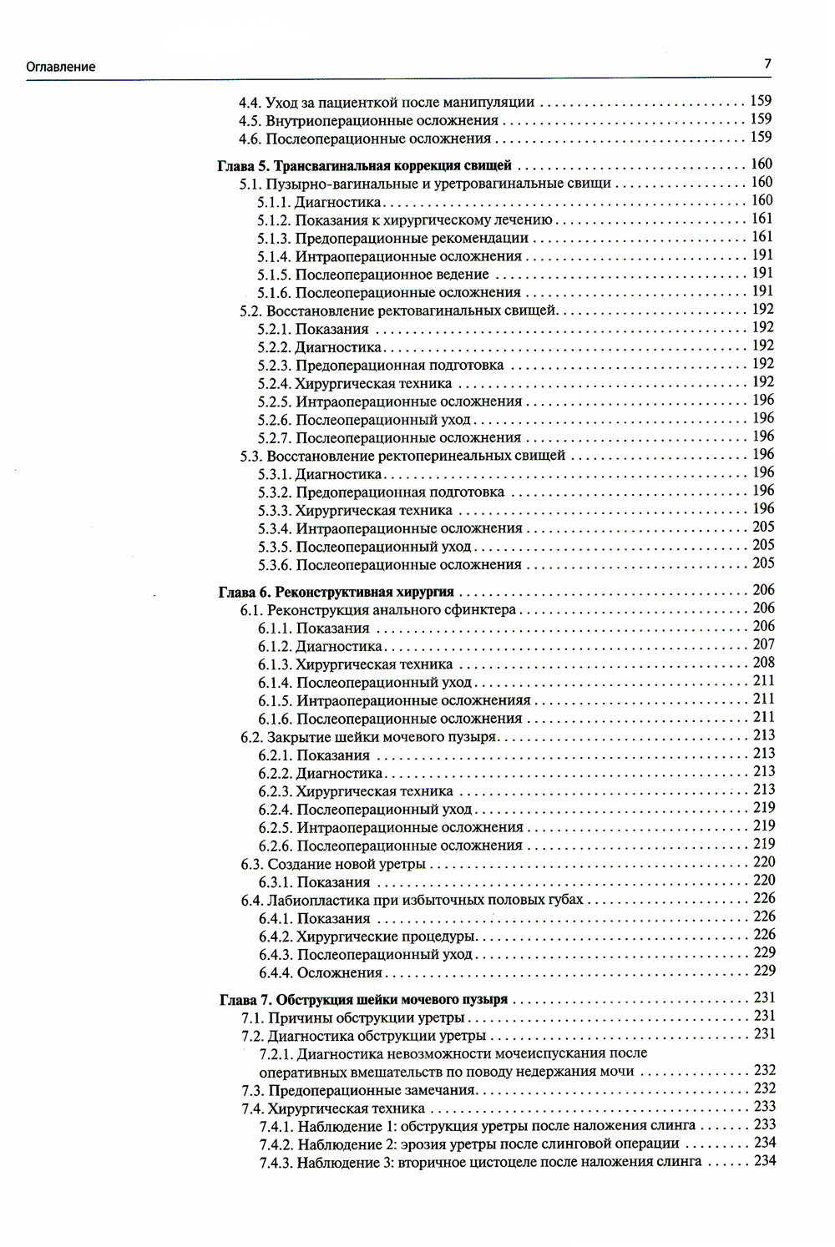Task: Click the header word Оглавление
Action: click(60, 67)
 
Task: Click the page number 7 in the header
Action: click(767, 63)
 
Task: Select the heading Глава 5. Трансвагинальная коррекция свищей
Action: click(364, 165)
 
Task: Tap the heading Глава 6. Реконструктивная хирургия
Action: click(336, 592)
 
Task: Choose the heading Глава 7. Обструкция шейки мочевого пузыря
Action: click(363, 999)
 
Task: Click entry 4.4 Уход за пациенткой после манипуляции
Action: click(386, 103)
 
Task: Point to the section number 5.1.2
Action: click(274, 220)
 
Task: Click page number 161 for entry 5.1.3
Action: click(762, 237)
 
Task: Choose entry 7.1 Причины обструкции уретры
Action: click(353, 1017)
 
